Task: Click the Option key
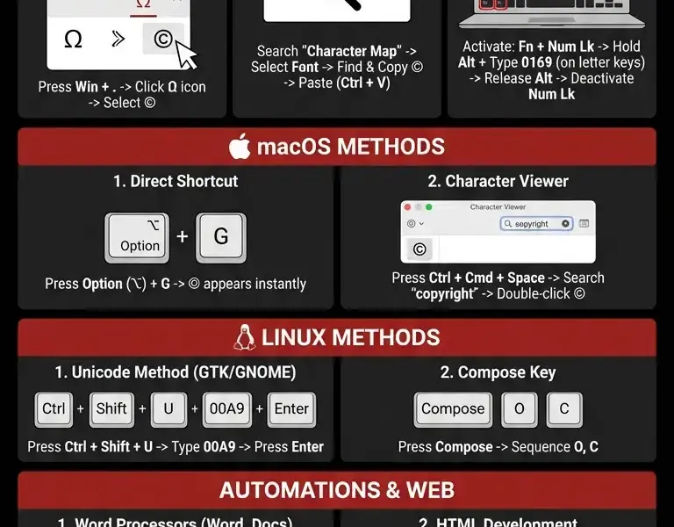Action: (x=137, y=237)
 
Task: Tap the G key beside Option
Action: (x=220, y=236)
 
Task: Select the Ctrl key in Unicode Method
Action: (x=54, y=409)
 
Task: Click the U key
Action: (x=168, y=409)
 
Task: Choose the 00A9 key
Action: (x=225, y=409)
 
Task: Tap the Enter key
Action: (x=291, y=409)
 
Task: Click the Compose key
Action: (x=452, y=409)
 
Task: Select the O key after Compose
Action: (x=520, y=409)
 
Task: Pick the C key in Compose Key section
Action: (x=564, y=409)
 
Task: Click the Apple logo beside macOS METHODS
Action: (x=240, y=147)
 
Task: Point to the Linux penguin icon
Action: (x=245, y=337)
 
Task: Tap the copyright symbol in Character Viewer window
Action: (x=419, y=249)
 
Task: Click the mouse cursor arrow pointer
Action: (x=187, y=54)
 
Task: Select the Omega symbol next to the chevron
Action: (x=74, y=40)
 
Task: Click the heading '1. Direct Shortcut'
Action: (x=176, y=182)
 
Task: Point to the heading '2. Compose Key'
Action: (x=498, y=372)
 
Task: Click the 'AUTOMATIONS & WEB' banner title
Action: (x=336, y=490)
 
